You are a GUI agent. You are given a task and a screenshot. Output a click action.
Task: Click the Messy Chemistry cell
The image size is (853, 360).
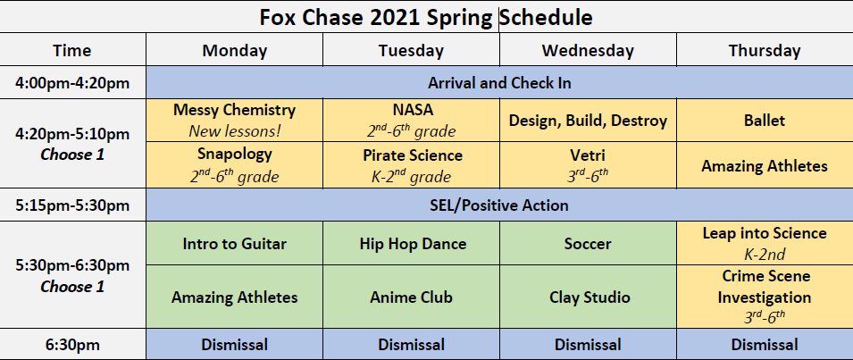point(235,121)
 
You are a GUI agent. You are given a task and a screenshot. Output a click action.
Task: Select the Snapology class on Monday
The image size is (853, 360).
point(235,165)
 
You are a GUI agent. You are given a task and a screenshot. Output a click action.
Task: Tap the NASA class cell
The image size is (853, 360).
point(411,121)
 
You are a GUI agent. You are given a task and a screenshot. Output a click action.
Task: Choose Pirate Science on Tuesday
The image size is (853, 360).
point(411,165)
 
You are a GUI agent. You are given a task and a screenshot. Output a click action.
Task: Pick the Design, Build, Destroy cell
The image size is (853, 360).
point(588,121)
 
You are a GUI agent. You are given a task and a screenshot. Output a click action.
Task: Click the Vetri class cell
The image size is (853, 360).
point(588,165)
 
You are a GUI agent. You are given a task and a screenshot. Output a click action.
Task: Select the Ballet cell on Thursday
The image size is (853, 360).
point(765,121)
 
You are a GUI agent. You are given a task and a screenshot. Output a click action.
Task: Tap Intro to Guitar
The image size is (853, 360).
point(235,243)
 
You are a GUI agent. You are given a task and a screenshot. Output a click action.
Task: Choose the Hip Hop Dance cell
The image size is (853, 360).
point(411,243)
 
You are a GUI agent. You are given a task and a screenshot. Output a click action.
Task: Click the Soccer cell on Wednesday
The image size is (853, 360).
point(588,243)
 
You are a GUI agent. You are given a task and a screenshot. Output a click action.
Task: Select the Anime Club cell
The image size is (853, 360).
point(411,297)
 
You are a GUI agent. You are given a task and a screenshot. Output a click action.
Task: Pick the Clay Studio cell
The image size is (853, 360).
point(588,297)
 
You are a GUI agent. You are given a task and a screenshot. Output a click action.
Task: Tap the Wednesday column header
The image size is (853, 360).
point(588,50)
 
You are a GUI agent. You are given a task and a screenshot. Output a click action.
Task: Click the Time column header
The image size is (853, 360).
point(72,50)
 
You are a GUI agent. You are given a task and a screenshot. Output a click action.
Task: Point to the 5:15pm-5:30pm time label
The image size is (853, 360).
point(72,205)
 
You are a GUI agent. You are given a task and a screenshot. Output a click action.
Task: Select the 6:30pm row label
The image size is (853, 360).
point(72,344)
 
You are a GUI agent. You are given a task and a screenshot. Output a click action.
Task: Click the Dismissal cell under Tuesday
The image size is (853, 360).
point(411,344)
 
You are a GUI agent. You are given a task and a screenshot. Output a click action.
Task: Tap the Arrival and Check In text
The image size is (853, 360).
point(499,83)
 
